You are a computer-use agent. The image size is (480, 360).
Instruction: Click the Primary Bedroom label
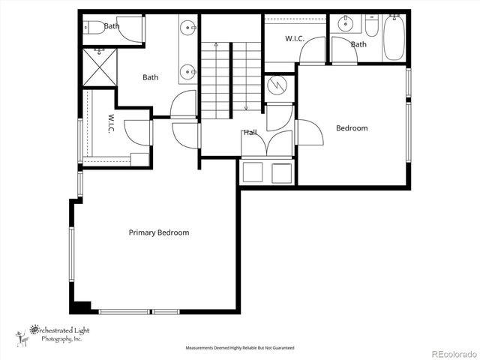(x=158, y=232)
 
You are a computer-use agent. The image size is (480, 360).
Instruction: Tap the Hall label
(x=250, y=133)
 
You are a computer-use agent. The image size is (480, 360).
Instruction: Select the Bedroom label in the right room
(x=352, y=128)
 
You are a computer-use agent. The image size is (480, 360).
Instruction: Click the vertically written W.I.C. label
(x=110, y=124)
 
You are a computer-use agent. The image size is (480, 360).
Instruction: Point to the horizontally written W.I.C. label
(x=294, y=38)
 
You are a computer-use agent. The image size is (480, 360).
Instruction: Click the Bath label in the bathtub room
(x=359, y=44)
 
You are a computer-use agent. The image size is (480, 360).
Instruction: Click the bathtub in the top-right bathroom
(x=394, y=37)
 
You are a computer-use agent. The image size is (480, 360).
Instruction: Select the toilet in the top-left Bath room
(x=94, y=28)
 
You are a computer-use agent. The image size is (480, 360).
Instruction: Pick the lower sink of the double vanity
(x=188, y=73)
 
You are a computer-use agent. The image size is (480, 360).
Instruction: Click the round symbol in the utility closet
(x=278, y=85)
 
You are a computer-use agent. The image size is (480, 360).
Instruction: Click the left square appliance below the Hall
(x=253, y=172)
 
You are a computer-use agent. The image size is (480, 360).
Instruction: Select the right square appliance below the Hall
(x=281, y=172)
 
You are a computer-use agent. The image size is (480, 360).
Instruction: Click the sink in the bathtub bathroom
(x=346, y=23)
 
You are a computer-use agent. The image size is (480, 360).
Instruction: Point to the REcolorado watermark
(x=452, y=351)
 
